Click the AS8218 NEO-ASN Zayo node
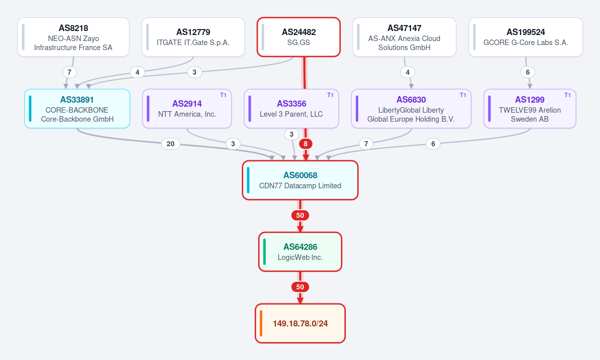click(74, 37)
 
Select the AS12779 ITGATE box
click(193, 37)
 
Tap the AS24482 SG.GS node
click(298, 37)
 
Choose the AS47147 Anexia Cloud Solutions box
click(404, 37)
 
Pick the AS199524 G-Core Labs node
click(526, 37)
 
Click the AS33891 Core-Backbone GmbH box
click(77, 109)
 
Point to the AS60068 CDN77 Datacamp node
click(300, 180)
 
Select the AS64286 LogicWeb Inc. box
click(300, 252)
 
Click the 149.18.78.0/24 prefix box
click(300, 323)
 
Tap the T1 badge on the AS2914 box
click(223, 95)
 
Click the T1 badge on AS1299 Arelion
click(567, 95)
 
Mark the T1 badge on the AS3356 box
click(330, 95)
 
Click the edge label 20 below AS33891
click(171, 144)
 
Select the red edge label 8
click(305, 144)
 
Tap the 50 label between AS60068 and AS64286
click(300, 215)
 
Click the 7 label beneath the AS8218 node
click(69, 72)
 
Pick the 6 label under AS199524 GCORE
click(527, 72)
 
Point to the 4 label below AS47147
click(407, 72)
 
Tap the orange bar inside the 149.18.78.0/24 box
click(261, 323)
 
